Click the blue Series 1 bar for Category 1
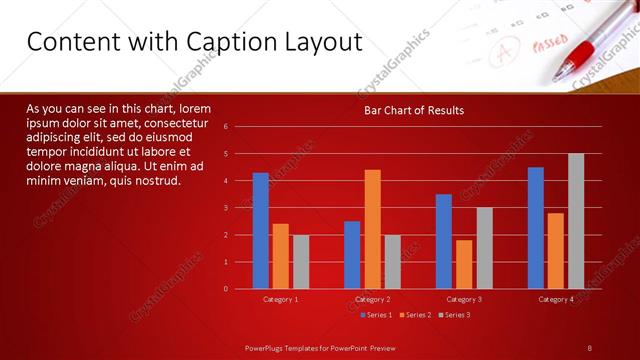pos(260,231)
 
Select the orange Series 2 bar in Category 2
pos(372,229)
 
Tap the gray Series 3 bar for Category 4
pos(576,221)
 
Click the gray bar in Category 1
pos(301,262)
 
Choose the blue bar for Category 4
pos(536,228)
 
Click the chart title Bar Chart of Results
pos(412,110)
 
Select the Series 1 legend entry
pos(375,315)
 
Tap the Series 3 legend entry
pos(454,315)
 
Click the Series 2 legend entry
pos(415,315)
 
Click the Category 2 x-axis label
pos(372,299)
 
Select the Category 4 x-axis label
pos(556,299)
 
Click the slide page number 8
pos(590,347)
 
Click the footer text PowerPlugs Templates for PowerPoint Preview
pos(328,347)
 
